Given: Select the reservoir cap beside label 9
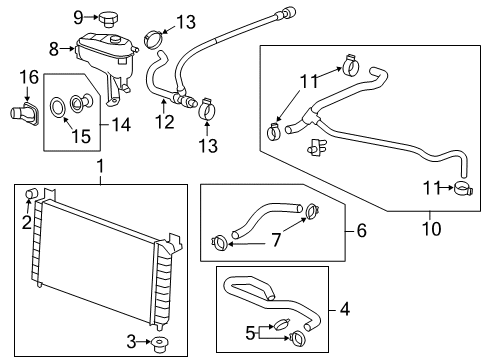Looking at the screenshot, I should click(x=109, y=17).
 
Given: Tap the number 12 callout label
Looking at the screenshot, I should click(x=163, y=123).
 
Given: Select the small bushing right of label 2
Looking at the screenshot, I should click(x=34, y=192).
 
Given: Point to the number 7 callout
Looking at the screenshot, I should click(x=275, y=240).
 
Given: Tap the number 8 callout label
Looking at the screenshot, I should click(x=56, y=47).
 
